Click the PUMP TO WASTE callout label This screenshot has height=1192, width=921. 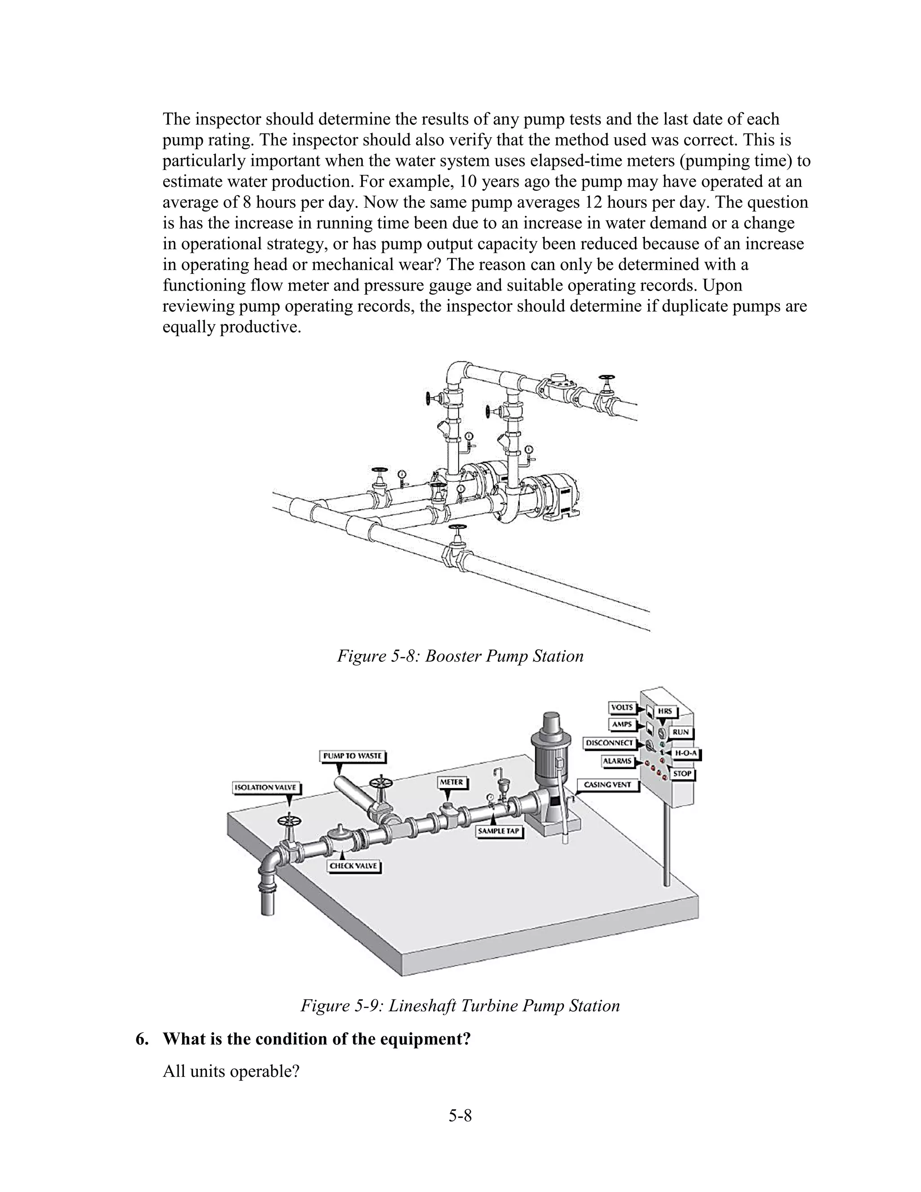click(353, 756)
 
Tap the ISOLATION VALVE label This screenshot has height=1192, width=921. click(265, 788)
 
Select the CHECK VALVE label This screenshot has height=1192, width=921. click(354, 866)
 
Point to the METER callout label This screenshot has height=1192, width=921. click(451, 782)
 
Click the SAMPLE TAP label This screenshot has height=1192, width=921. click(499, 832)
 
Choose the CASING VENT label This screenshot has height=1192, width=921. click(607, 785)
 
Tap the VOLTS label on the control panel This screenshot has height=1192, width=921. click(622, 708)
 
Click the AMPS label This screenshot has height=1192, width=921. click(622, 724)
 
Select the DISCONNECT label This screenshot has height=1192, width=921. click(610, 743)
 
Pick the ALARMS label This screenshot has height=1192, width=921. click(617, 761)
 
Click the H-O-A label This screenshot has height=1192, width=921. click(686, 753)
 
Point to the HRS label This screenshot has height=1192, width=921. click(665, 711)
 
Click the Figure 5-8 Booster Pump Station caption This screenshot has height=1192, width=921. click(460, 655)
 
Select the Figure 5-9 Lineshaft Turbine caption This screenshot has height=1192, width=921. click(460, 1005)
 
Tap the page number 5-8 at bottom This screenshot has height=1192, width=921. click(460, 1116)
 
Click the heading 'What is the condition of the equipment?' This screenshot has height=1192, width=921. click(317, 1039)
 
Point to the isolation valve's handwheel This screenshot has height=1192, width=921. click(289, 821)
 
